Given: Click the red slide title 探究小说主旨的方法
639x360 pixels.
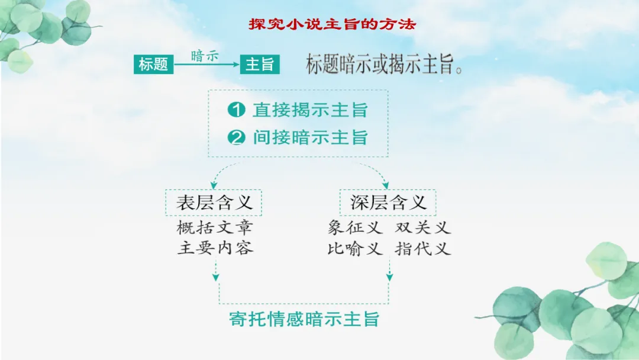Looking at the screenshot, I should pos(332,25).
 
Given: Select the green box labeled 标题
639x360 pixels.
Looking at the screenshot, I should pos(153,64).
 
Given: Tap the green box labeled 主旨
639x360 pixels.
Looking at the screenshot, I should pos(260,64).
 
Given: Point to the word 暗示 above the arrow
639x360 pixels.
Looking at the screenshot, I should pos(205,56).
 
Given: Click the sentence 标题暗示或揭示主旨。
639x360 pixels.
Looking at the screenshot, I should pos(384,65).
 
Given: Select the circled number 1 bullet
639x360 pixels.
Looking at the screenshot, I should pos(236,110).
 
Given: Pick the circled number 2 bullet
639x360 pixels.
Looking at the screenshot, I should pos(236,138).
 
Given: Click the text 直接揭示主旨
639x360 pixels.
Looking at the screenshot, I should pos(310,110).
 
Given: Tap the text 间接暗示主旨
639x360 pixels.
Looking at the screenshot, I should pos(310,138).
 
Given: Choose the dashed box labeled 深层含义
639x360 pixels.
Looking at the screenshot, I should pos(388,202).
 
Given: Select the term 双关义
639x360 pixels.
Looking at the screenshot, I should pos(423,227).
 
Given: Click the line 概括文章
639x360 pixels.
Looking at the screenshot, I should pos(215,227).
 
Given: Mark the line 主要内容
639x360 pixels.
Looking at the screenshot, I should pos(215,248).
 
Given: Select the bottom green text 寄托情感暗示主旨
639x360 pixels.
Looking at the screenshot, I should pos(304,320).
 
